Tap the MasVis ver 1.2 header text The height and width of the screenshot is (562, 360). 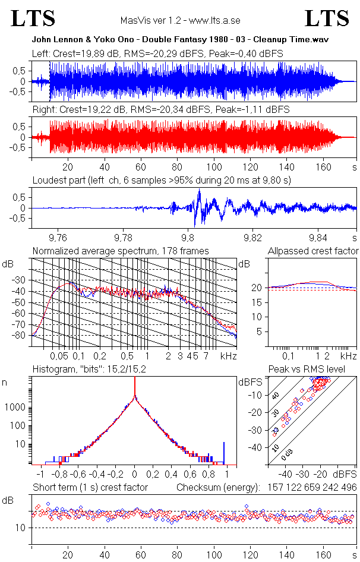tap(179, 20)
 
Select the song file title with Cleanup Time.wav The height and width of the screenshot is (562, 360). tap(180, 40)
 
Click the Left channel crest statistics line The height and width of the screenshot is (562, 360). tap(157, 54)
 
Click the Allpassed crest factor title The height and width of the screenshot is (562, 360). tap(313, 251)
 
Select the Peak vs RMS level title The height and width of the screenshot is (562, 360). tap(307, 370)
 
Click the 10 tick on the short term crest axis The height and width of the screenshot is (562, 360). tap(20, 528)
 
